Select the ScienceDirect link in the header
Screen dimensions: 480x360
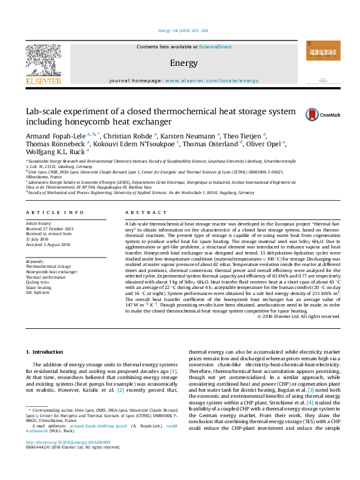(x=215, y=47)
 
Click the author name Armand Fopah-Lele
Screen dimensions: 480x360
(x=53, y=137)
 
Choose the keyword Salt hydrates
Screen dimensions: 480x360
(x=39, y=293)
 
